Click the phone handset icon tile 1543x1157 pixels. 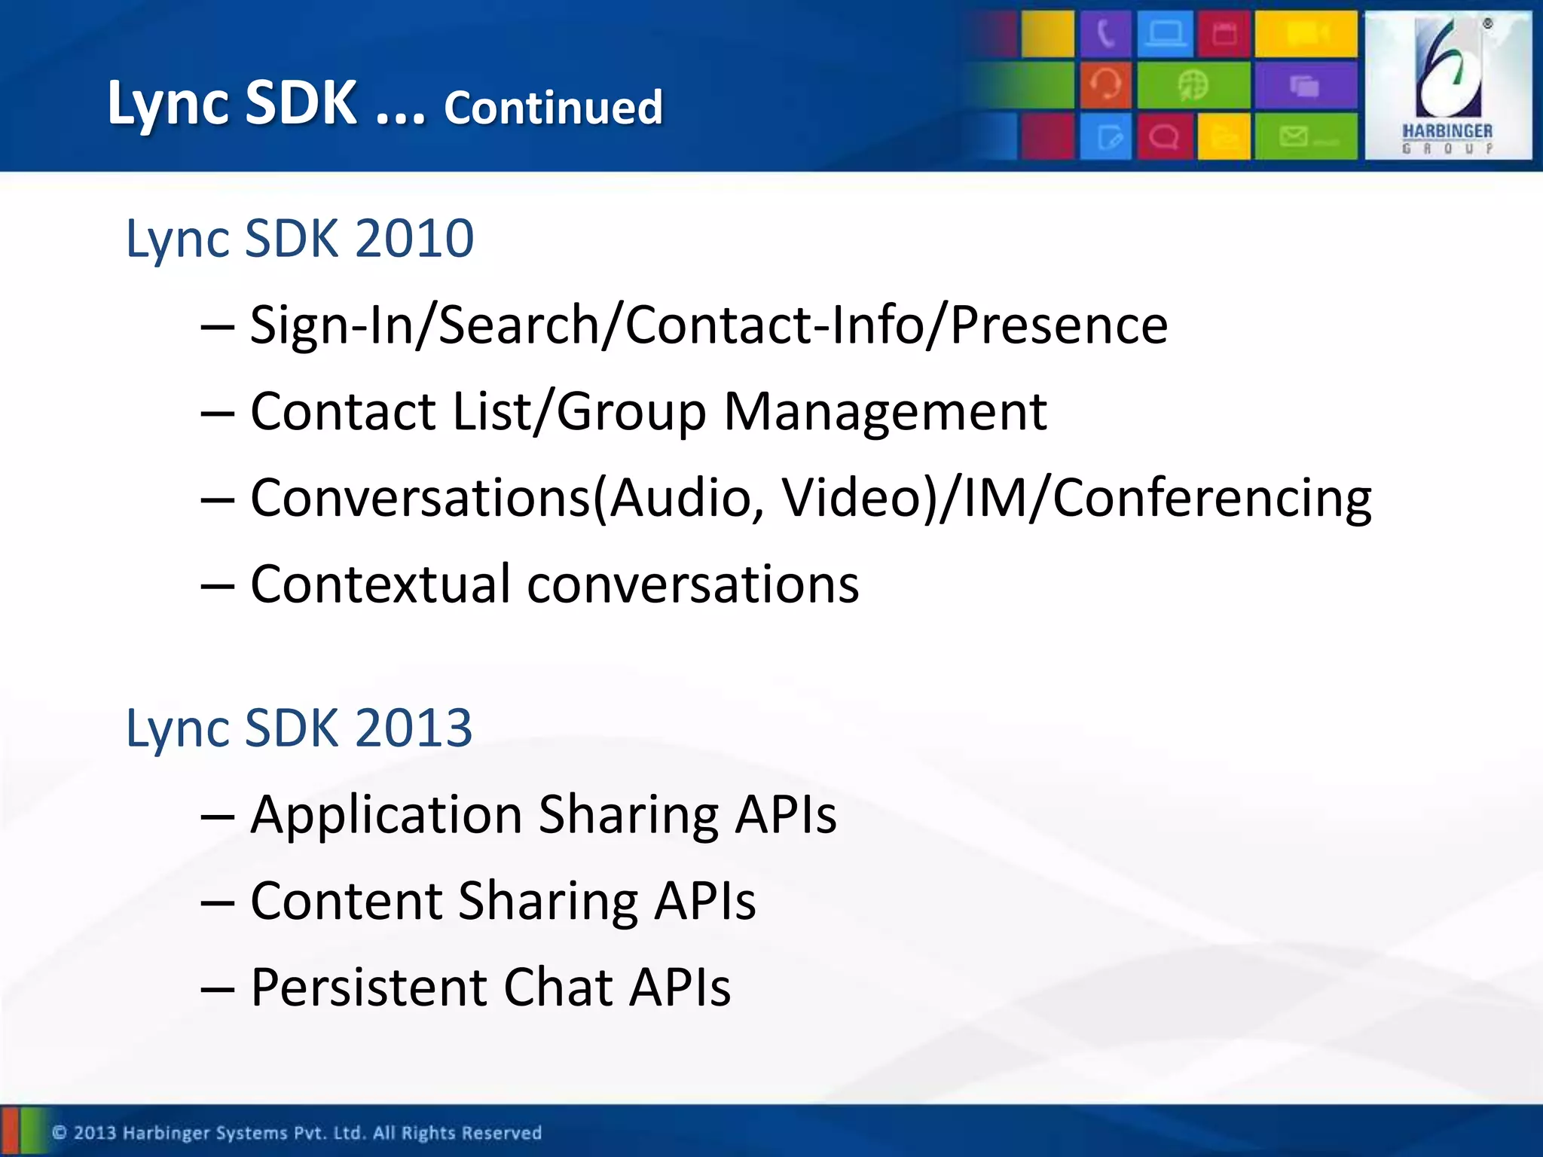[x=1105, y=34]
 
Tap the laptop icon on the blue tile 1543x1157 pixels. [x=1165, y=34]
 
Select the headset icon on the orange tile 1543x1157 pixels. [x=1105, y=84]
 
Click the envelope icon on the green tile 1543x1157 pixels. [x=1294, y=136]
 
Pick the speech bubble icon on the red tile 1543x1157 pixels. [x=1164, y=137]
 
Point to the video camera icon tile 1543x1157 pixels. [x=1306, y=34]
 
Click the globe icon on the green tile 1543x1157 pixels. [x=1193, y=84]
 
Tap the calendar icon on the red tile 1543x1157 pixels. [x=1224, y=34]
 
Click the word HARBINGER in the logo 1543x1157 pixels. [x=1447, y=131]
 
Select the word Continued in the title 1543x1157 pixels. [x=553, y=108]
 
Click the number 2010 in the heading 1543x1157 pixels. [x=414, y=239]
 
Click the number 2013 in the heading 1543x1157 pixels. [x=413, y=728]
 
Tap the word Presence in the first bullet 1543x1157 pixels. [x=1059, y=325]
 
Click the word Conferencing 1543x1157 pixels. [x=1211, y=499]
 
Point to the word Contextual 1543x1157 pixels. [x=380, y=585]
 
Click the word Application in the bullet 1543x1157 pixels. [x=386, y=815]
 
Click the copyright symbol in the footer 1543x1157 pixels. [x=60, y=1132]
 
